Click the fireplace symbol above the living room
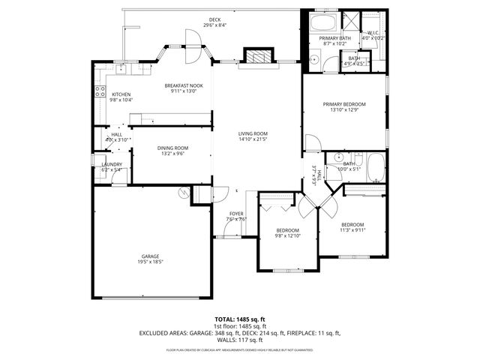pyautogui.click(x=256, y=57)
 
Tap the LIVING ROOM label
pyautogui.click(x=253, y=133)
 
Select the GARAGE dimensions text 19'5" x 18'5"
pyautogui.click(x=150, y=261)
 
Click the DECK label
pyautogui.click(x=214, y=19)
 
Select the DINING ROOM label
pyautogui.click(x=172, y=148)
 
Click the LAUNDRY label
pyautogui.click(x=101, y=163)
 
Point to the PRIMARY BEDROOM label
pyautogui.click(x=344, y=104)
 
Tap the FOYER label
pyautogui.click(x=237, y=214)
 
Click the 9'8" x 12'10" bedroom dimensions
pyautogui.click(x=288, y=236)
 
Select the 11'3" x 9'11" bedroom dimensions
pyautogui.click(x=352, y=231)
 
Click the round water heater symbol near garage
pyautogui.click(x=183, y=193)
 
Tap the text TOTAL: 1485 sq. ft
pyautogui.click(x=240, y=320)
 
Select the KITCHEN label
pyautogui.click(x=121, y=94)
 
